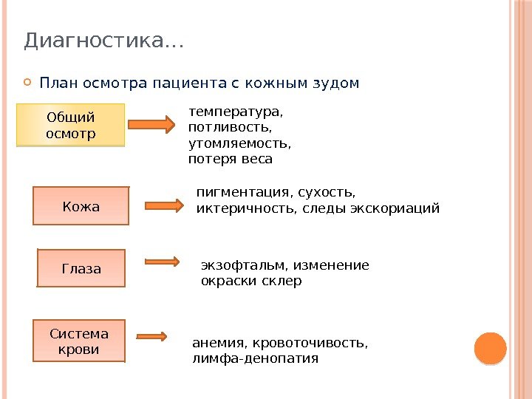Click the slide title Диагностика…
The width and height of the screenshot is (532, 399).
click(x=103, y=41)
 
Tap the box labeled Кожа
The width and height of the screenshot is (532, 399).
click(x=81, y=205)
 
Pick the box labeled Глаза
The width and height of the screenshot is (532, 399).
click(x=81, y=267)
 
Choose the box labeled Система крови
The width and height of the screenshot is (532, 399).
click(x=79, y=341)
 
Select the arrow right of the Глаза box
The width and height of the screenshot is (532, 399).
click(x=163, y=261)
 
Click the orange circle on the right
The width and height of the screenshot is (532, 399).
click(x=489, y=348)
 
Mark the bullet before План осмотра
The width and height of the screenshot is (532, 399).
click(x=27, y=82)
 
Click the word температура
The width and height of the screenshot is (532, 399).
click(x=236, y=113)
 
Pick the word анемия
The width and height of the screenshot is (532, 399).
click(x=220, y=343)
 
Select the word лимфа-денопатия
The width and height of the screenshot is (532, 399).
click(x=255, y=358)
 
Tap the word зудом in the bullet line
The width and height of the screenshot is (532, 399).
click(x=337, y=82)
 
